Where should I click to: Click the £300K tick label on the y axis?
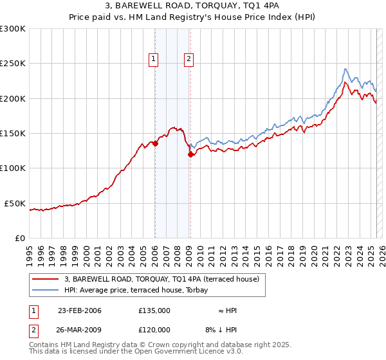coord(12,29)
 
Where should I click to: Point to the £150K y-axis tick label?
coord(12,134)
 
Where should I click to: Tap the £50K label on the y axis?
coord(15,203)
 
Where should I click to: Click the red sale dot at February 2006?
coord(156,144)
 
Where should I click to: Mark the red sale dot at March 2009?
coord(190,154)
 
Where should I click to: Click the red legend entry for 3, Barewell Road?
coord(161,279)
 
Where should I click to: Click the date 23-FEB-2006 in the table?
coord(79,310)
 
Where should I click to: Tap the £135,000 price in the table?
coord(154,310)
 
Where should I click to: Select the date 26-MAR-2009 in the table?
coord(79,328)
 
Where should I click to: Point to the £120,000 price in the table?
coord(154,328)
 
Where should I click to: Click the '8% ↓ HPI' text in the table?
coord(221,328)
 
